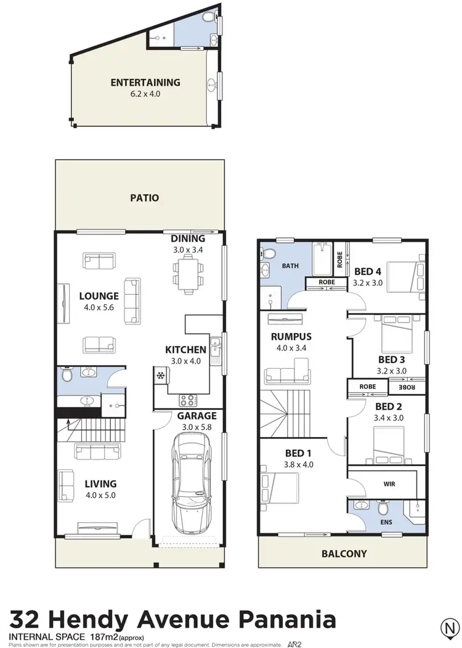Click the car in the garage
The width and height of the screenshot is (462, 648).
(190, 483)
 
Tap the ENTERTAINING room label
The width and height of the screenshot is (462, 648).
(145, 82)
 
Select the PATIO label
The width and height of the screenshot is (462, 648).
(145, 198)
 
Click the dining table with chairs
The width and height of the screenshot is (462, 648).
(188, 272)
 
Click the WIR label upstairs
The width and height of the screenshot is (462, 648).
(389, 484)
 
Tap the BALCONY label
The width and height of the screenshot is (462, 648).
(344, 554)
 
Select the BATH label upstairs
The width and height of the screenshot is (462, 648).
(290, 266)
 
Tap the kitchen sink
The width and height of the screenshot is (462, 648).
(215, 350)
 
